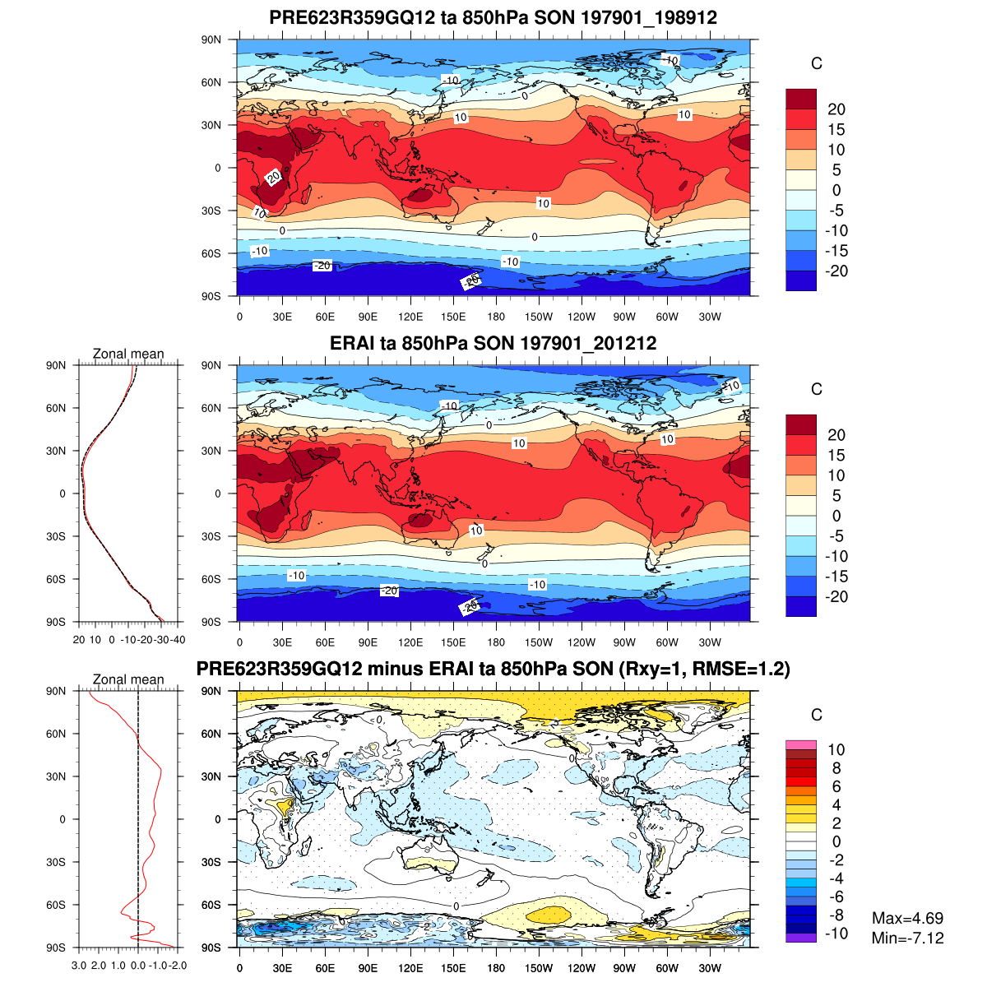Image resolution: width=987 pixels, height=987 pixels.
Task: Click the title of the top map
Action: (493, 18)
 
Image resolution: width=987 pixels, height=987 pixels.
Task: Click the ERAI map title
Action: (493, 343)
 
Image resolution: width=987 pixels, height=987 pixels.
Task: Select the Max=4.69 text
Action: (907, 918)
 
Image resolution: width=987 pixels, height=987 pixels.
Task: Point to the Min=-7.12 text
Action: (907, 938)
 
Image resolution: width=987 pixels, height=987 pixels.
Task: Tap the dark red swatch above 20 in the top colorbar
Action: (801, 100)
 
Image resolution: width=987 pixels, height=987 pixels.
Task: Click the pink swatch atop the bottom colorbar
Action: (801, 744)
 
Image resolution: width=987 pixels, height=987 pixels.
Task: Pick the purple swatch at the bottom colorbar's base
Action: (801, 938)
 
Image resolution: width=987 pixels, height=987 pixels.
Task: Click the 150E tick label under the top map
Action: (453, 317)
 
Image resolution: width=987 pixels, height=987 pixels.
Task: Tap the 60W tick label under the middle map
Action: (667, 643)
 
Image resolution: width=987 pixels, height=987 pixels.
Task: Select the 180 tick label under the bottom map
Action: (496, 969)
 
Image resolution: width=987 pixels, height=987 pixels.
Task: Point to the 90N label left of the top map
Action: (212, 39)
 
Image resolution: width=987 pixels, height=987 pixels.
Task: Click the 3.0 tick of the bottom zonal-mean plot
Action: (80, 966)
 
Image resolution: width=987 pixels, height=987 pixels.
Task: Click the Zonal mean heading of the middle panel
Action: (128, 354)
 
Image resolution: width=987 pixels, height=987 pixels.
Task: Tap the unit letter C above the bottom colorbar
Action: (817, 715)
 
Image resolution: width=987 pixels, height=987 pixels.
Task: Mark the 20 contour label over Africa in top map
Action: (274, 176)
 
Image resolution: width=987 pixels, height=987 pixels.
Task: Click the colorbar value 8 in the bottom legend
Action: (836, 768)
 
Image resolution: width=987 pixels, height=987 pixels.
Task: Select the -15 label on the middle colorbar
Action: (836, 577)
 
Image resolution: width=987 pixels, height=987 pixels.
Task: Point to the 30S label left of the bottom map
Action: (212, 862)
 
